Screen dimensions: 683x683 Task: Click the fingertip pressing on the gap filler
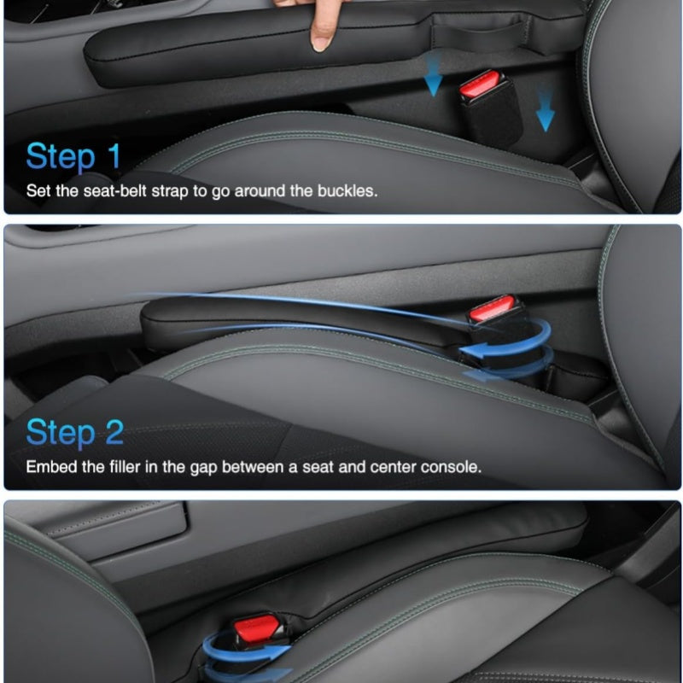[x=322, y=42]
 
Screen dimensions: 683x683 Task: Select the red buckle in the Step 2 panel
[x=492, y=307]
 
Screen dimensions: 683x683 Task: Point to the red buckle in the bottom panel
[x=257, y=627]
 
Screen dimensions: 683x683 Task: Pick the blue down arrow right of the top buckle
[x=545, y=110]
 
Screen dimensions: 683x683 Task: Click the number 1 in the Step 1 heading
[x=114, y=156]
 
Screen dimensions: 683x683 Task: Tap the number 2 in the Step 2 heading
[x=114, y=432]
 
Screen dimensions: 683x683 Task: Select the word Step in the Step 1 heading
[x=61, y=158]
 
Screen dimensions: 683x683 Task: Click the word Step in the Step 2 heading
[x=61, y=434]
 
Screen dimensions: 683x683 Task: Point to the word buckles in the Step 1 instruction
[x=347, y=190]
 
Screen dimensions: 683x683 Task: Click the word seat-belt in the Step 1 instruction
[x=115, y=191]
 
